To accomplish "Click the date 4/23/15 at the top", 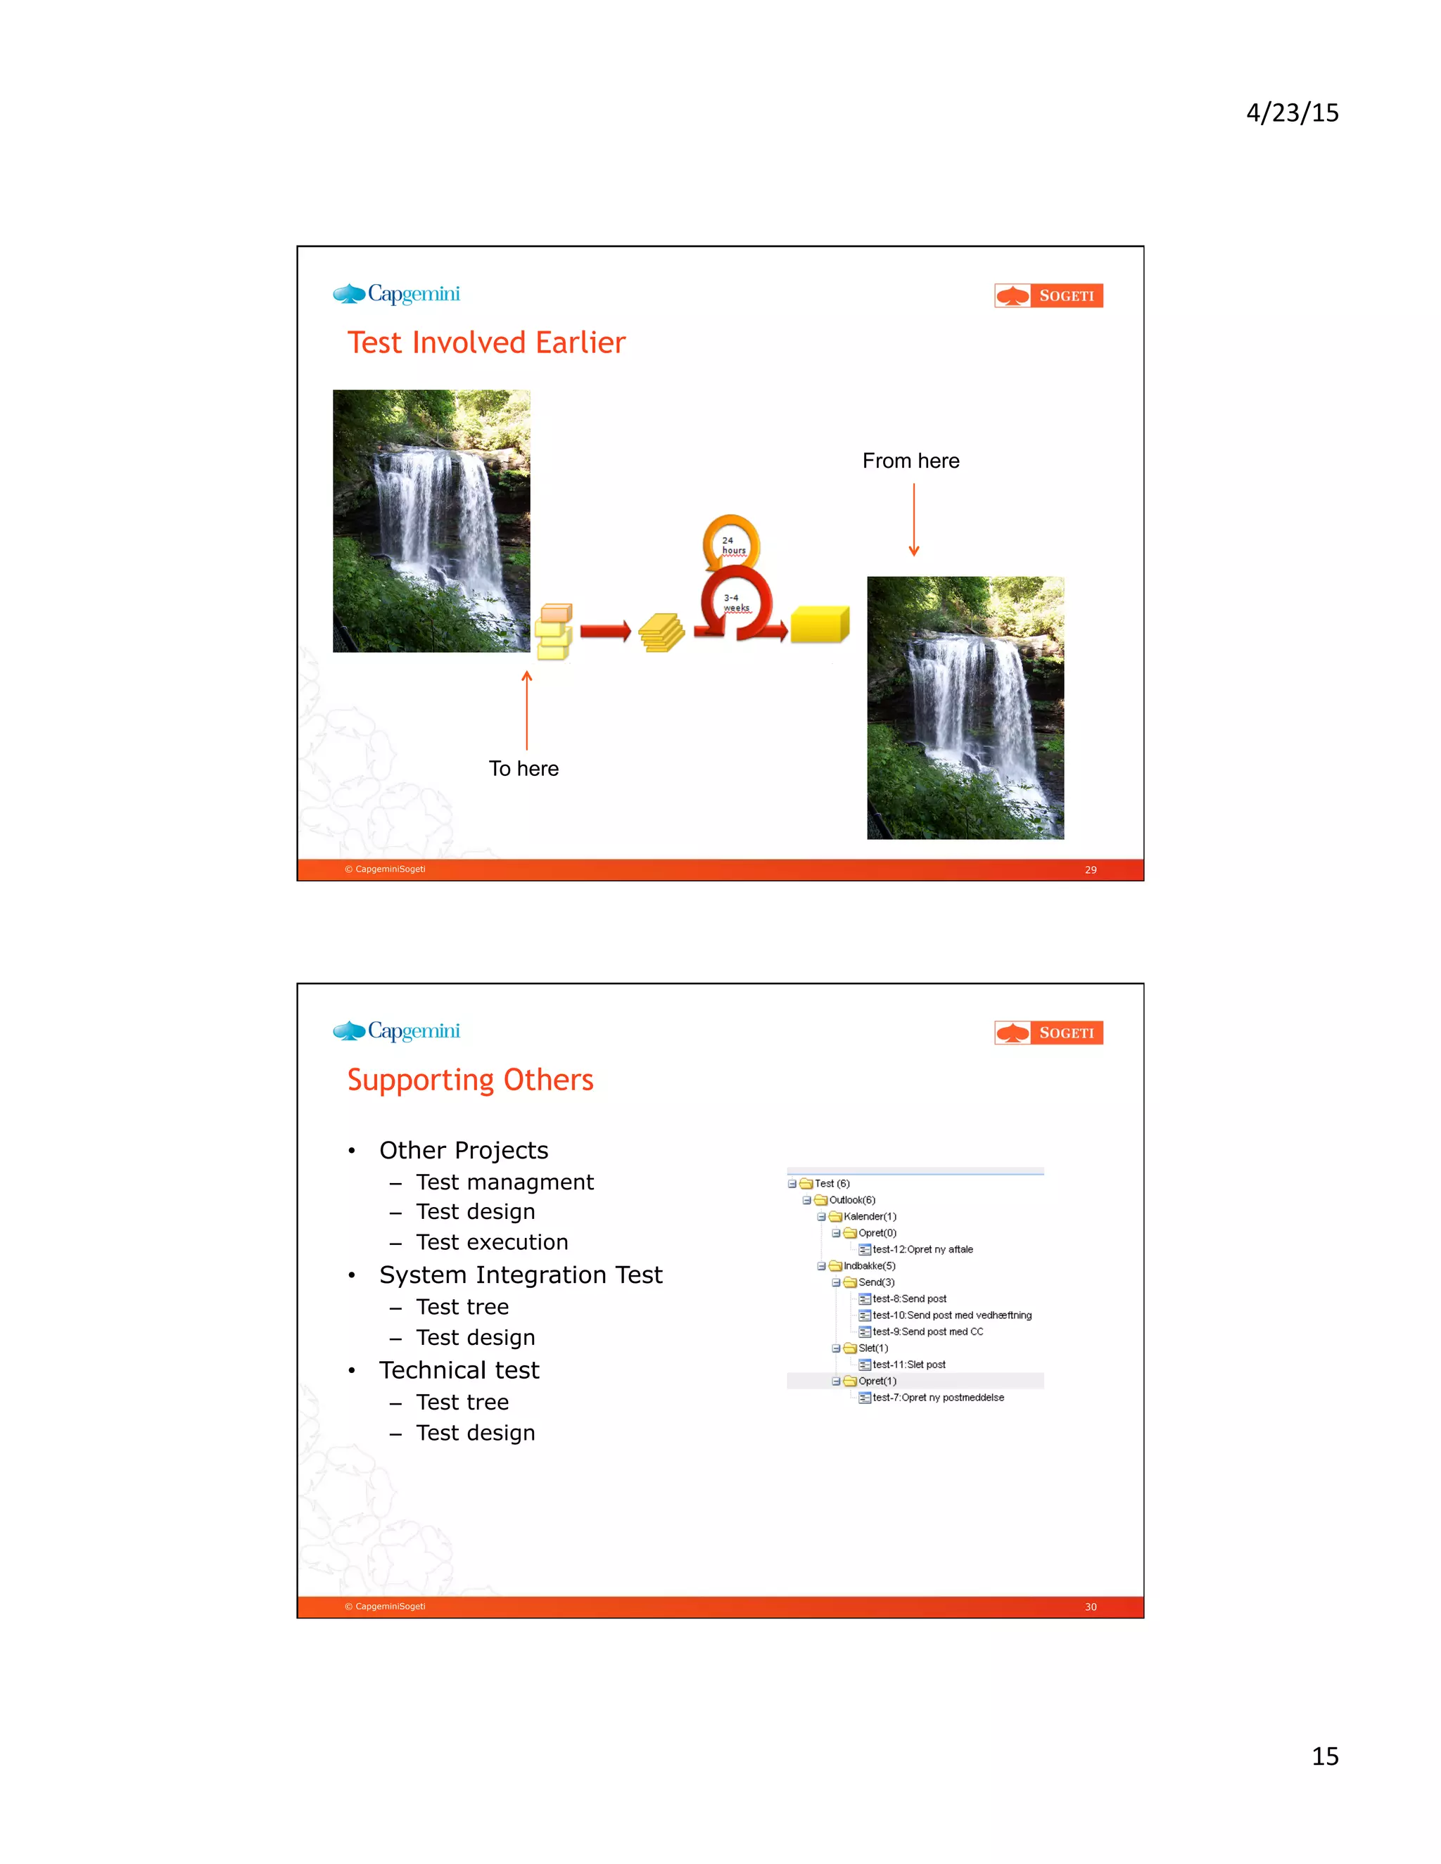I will pos(1292,113).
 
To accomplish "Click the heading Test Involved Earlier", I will pos(485,343).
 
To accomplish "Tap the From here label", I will pos(910,461).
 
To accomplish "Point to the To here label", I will pos(523,768).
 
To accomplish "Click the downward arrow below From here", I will pos(913,520).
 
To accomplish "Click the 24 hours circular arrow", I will pos(731,541).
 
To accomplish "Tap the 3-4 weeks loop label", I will pos(736,603).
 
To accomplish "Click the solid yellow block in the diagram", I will pos(819,625).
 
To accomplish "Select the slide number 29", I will pos(1090,869).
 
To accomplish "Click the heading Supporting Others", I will pos(469,1080).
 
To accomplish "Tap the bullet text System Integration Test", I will pos(521,1275).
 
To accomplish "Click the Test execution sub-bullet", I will pos(492,1241).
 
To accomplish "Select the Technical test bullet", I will pos(459,1370).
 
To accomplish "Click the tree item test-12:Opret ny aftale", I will pos(922,1249).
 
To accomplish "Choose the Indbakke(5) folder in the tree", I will pos(869,1265).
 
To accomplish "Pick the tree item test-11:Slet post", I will pos(908,1365).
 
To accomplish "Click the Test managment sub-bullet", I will pos(504,1182).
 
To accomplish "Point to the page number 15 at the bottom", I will pos(1325,1756).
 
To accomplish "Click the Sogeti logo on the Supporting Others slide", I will pos(1048,1033).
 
